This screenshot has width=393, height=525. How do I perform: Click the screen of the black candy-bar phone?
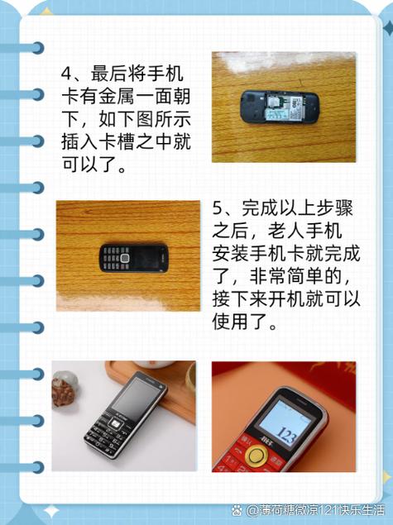point(140,396)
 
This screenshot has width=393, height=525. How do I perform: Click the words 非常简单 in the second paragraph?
point(297,276)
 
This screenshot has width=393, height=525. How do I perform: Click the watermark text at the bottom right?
point(310,509)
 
